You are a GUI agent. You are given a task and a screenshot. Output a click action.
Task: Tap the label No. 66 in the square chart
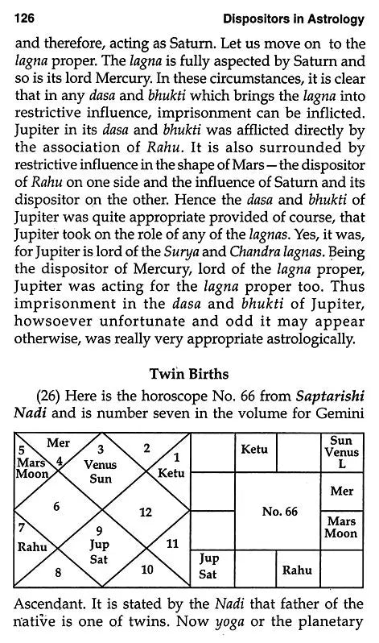[278, 512]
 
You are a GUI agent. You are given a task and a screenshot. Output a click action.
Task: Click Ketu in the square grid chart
[254, 450]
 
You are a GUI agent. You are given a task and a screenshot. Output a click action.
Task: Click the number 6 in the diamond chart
[56, 506]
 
